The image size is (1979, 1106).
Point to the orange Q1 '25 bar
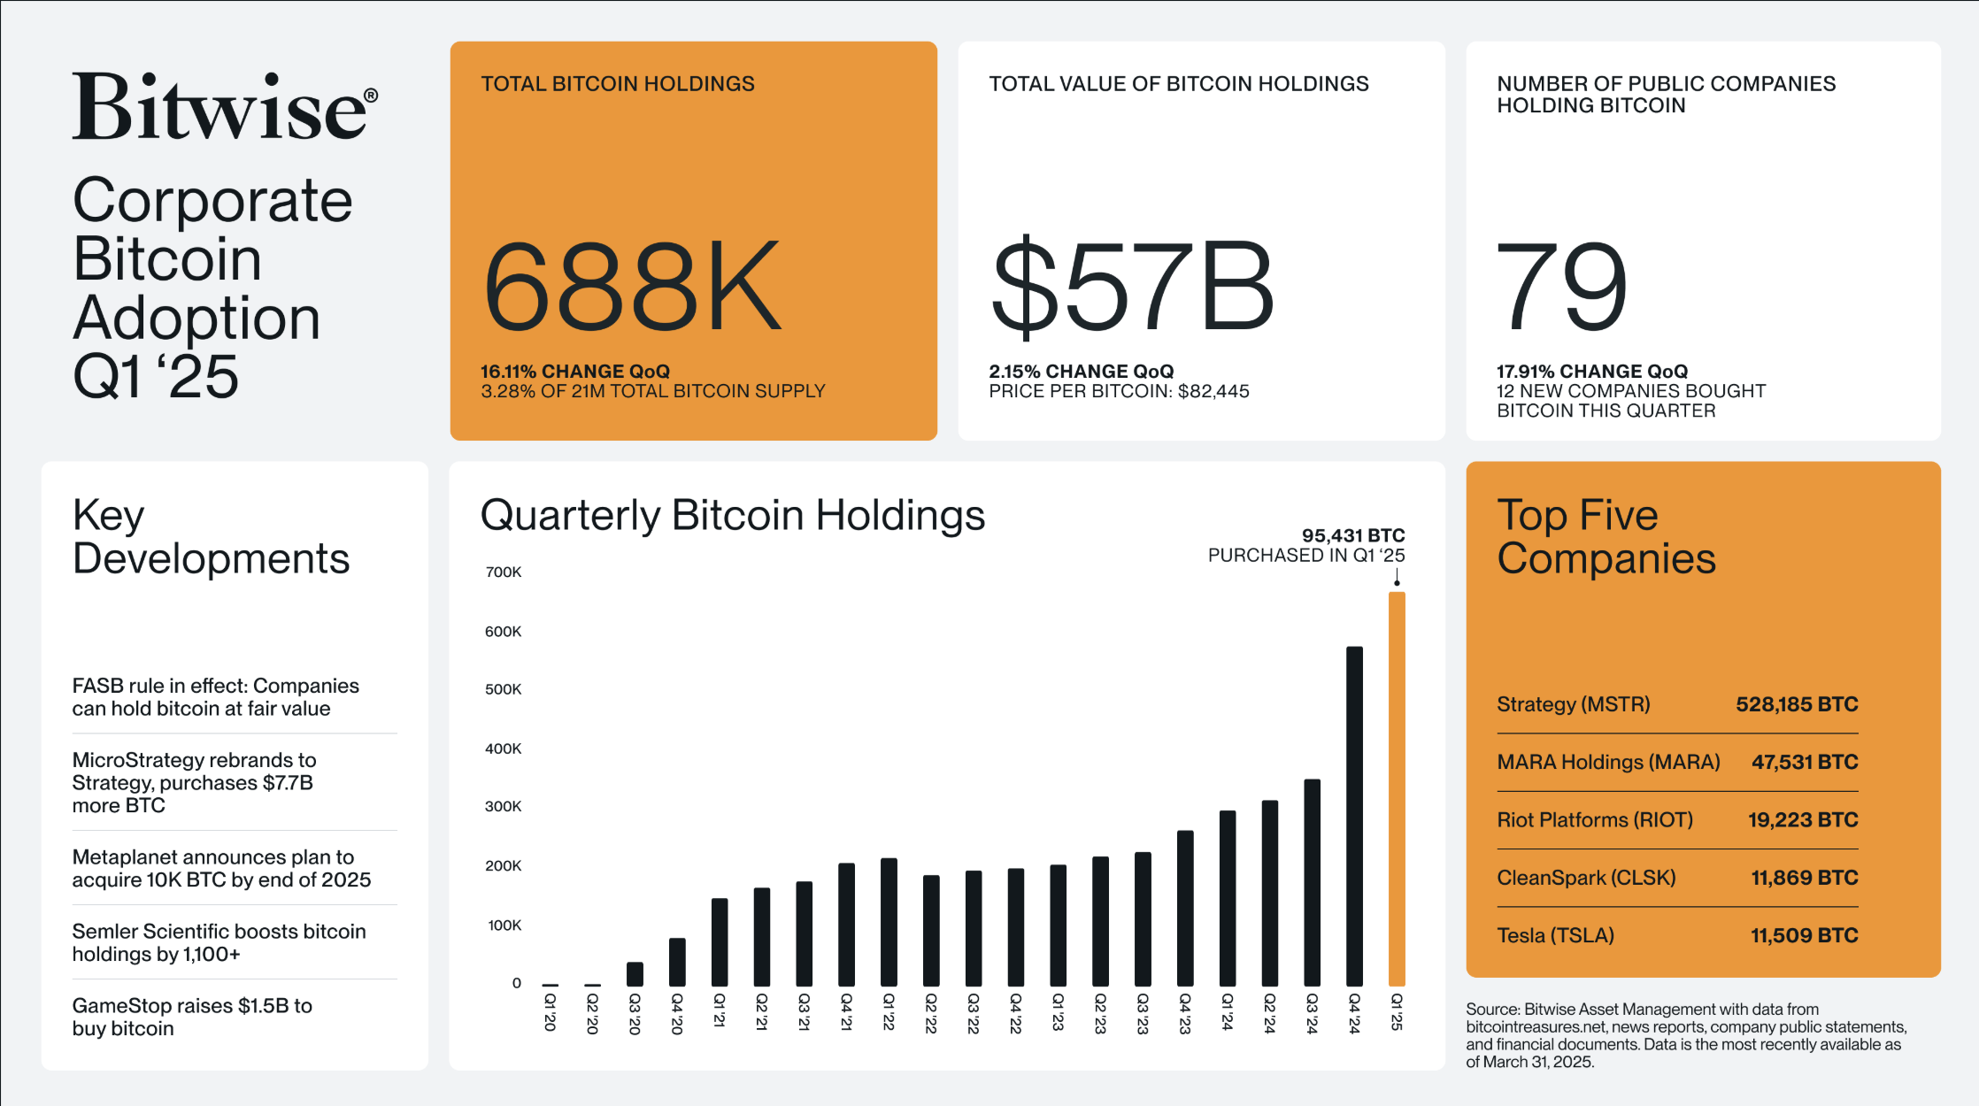[x=1397, y=787]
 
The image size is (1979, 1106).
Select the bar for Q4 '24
[x=1354, y=814]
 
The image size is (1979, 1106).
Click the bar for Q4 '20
[x=677, y=962]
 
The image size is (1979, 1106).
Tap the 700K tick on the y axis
[x=504, y=572]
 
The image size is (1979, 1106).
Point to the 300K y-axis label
[x=504, y=807]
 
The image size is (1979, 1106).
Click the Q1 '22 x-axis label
[x=889, y=1011]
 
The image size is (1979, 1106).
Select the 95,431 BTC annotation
[x=1352, y=535]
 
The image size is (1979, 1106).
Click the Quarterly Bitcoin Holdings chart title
[x=732, y=515]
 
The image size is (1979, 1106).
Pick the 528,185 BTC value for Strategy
[x=1796, y=704]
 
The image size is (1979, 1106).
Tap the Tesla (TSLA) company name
[x=1555, y=935]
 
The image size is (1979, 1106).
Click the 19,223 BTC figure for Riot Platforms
[x=1802, y=820]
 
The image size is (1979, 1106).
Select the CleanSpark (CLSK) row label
[x=1586, y=878]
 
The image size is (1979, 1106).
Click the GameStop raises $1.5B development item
[x=192, y=1017]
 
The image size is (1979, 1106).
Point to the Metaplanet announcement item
[x=221, y=868]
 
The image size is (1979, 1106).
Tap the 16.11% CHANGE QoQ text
[x=575, y=372]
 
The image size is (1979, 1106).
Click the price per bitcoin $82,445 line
[x=1119, y=391]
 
